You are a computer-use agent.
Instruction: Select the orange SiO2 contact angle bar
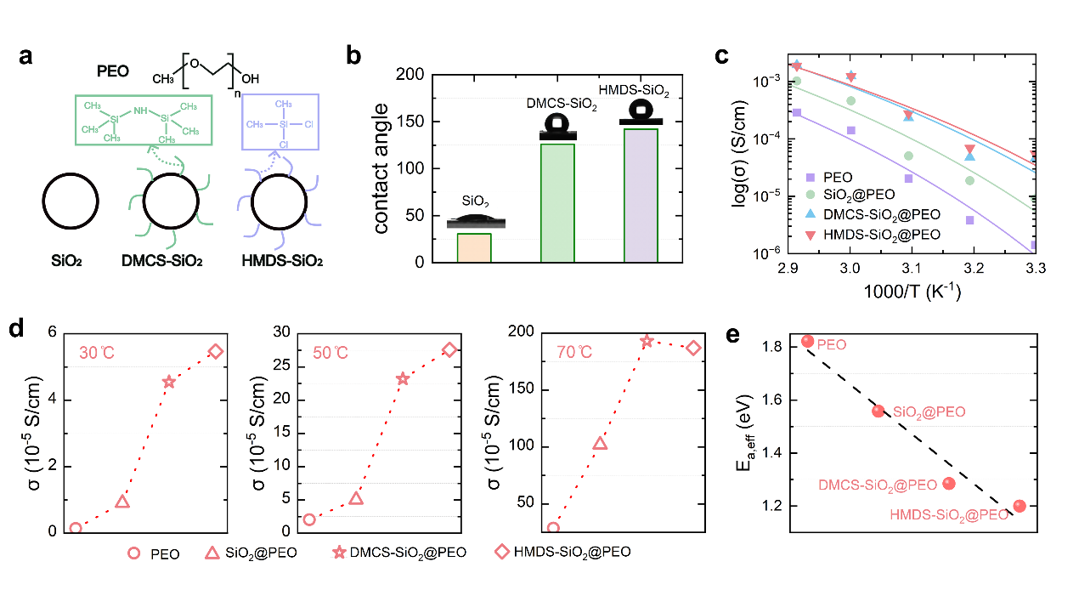coord(474,247)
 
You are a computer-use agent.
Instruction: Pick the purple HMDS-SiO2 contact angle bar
coord(640,196)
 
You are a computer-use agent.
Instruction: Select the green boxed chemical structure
coord(142,124)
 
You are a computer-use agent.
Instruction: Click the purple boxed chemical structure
coord(280,122)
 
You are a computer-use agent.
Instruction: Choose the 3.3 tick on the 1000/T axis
coord(1035,269)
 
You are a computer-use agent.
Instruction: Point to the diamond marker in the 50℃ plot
coord(449,349)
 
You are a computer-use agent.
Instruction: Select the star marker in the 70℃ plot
coord(647,342)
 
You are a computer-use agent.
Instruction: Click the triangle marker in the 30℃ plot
coord(122,502)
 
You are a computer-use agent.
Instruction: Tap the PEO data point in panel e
coord(807,342)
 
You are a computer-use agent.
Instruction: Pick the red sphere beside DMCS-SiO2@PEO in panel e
coord(949,483)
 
